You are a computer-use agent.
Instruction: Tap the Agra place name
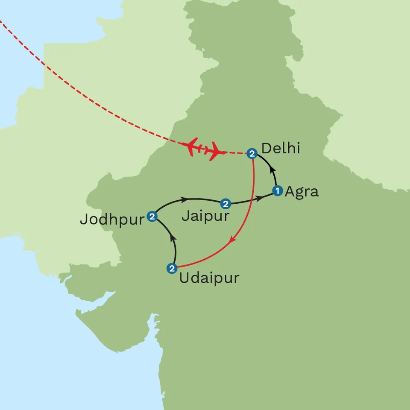(x=302, y=191)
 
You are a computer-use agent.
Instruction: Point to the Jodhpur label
(x=112, y=220)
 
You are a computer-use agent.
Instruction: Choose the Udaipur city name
(x=209, y=278)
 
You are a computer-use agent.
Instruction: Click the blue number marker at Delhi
(x=252, y=153)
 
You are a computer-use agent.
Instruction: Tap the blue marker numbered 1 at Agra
(x=277, y=191)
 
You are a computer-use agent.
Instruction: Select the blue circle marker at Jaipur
(x=225, y=203)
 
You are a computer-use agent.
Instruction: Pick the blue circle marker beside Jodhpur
(x=152, y=217)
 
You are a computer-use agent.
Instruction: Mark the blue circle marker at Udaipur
(x=171, y=268)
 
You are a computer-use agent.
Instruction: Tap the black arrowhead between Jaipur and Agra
(x=260, y=199)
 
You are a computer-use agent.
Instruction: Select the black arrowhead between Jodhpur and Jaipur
(x=184, y=199)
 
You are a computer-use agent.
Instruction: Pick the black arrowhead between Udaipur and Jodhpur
(x=172, y=236)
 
